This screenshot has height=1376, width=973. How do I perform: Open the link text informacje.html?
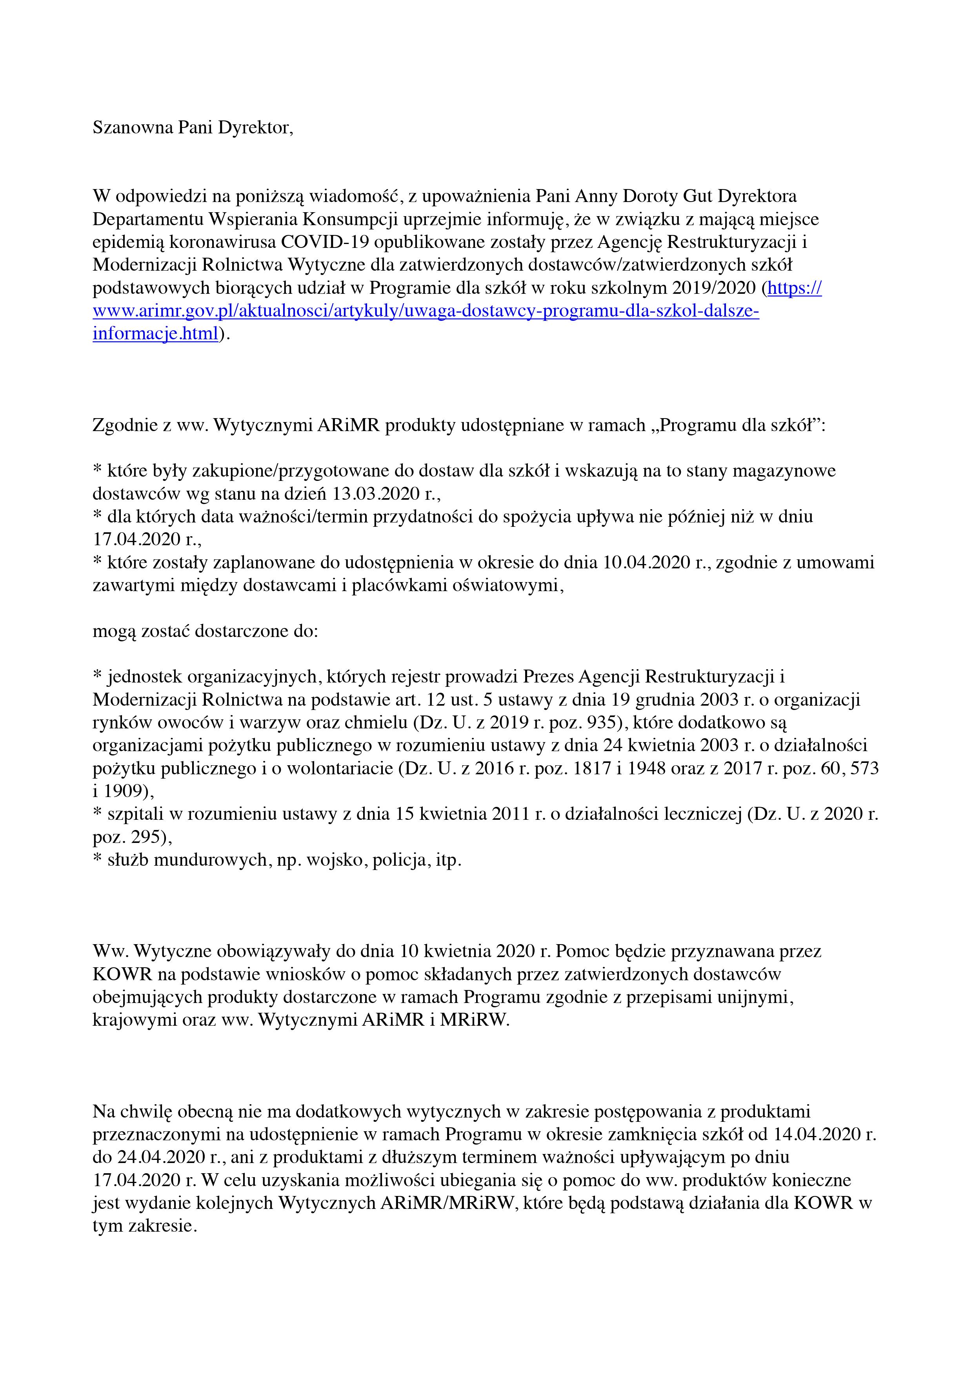(x=155, y=334)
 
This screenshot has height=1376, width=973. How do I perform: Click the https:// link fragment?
(x=795, y=288)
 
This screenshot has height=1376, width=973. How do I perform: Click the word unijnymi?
(x=756, y=997)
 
